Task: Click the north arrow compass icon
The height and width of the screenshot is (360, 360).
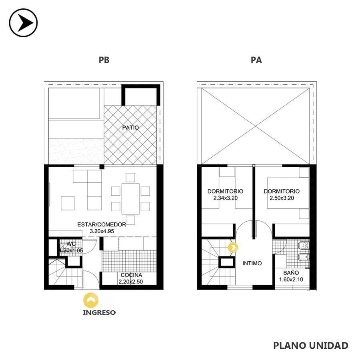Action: pos(23,23)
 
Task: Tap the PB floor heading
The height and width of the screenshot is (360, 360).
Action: pos(104,60)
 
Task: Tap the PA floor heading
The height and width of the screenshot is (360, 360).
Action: pos(256,60)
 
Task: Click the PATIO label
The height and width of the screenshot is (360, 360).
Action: pos(130,128)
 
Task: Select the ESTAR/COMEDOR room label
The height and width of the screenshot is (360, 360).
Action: pos(102,224)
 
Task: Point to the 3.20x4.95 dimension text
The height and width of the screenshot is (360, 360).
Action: pos(102,231)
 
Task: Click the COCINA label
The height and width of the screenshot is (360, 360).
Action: pos(131,275)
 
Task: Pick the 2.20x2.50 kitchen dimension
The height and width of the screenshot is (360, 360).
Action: pos(131,282)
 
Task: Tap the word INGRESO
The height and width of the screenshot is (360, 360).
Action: pos(99,313)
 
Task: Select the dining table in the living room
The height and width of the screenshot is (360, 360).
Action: pos(130,199)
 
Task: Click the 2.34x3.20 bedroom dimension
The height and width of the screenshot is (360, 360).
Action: pos(226,198)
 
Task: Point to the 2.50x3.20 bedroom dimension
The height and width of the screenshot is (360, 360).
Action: pos(282,198)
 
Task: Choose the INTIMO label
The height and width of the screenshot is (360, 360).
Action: pos(252,263)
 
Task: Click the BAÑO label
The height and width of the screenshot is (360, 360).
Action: pos(291,272)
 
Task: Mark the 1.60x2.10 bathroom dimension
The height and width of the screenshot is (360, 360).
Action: pos(291,280)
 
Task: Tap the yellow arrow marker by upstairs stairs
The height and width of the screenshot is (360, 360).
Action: pos(233,248)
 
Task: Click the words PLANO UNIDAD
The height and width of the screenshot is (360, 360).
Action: pos(311,345)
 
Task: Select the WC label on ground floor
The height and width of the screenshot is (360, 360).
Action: pos(71,244)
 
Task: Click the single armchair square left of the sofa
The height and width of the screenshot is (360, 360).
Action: pos(68,203)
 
